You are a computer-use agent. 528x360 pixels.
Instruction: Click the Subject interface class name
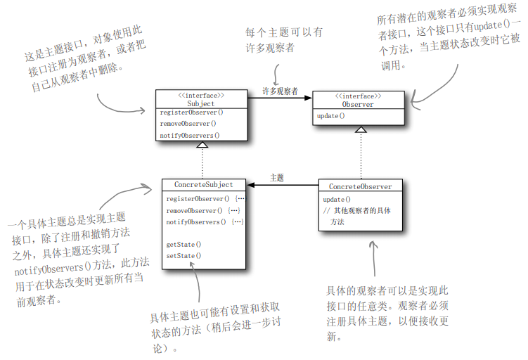[x=201, y=103]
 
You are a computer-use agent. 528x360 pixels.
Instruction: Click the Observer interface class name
[x=358, y=104]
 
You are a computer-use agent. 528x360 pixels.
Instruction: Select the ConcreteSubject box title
[x=202, y=184]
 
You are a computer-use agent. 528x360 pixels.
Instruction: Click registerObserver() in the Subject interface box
[x=191, y=112]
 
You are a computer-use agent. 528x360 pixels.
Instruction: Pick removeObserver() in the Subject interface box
[x=188, y=124]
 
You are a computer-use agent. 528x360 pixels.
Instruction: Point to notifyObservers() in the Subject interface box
[x=190, y=135]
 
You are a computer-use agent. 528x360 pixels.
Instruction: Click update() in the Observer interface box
[x=330, y=115]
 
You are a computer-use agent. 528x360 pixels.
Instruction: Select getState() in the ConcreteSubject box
[x=183, y=244]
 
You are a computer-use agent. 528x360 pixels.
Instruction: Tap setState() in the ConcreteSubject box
[x=183, y=255]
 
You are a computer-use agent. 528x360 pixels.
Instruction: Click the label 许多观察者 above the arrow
[x=280, y=91]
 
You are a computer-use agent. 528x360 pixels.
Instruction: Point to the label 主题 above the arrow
[x=277, y=178]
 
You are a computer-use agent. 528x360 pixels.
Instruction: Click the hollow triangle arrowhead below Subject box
[x=202, y=145]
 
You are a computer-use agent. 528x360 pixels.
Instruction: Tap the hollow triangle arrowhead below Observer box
[x=360, y=129]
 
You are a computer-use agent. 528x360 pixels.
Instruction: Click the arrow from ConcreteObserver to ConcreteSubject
[x=281, y=185]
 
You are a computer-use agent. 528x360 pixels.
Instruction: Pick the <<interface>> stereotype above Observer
[x=359, y=96]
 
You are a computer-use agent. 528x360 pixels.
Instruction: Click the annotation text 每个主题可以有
[x=284, y=32]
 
